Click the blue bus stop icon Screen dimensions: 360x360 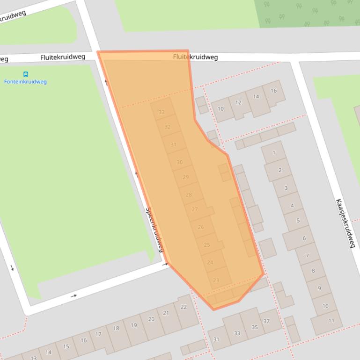tap(25, 74)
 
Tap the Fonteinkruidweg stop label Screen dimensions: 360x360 tap(25, 82)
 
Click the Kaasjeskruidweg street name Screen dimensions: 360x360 tap(345, 223)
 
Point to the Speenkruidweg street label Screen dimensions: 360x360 tap(156, 230)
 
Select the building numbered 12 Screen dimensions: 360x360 tap(238, 103)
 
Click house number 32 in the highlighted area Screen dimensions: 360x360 tap(167, 127)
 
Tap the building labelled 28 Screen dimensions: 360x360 tap(189, 195)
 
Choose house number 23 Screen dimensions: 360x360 tap(216, 281)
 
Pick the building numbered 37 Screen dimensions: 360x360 tap(266, 321)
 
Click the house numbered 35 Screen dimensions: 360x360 tap(254, 327)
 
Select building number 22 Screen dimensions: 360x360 tap(184, 307)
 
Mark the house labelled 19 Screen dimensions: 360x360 tap(133, 325)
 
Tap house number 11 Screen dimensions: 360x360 tap(331, 321)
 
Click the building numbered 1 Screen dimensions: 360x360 tap(274, 152)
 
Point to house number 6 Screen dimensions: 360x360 tap(304, 238)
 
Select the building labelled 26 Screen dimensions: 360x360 tap(201, 227)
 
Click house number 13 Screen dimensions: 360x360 tap(34, 358)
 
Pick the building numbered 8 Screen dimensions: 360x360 tap(313, 270)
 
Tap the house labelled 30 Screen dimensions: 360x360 tap(179, 162)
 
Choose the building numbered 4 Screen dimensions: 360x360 tap(292, 206)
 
